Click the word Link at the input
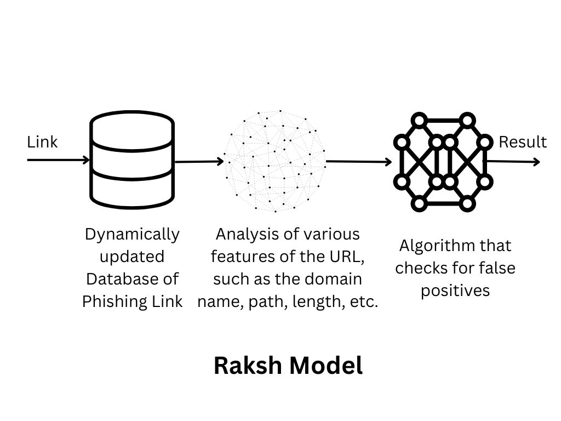pyautogui.click(x=42, y=142)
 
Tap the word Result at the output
pyautogui.click(x=522, y=142)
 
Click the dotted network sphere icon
pyautogui.click(x=275, y=161)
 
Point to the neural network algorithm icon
pyautogui.click(x=443, y=162)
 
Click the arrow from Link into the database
pyautogui.click(x=58, y=160)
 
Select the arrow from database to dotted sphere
pyautogui.click(x=199, y=161)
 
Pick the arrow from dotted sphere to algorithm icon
pyautogui.click(x=359, y=162)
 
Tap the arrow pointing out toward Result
pyautogui.click(x=513, y=162)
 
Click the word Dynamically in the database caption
pyautogui.click(x=132, y=234)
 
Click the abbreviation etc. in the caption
pyautogui.click(x=366, y=301)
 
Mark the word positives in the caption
pyautogui.click(x=455, y=291)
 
